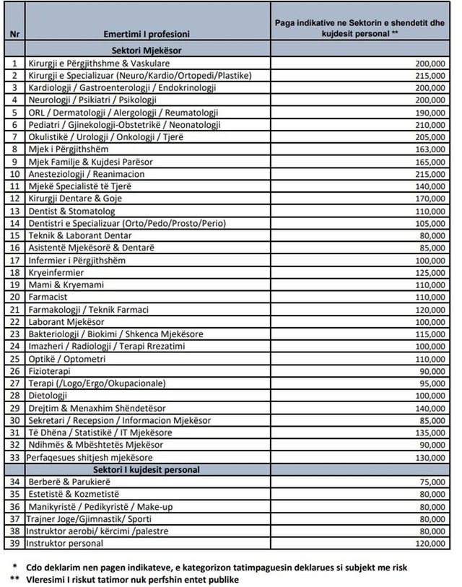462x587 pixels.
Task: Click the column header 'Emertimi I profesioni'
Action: (x=147, y=34)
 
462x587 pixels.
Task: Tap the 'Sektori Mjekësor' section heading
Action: (x=147, y=51)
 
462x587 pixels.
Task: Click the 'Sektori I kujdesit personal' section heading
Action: (x=147, y=469)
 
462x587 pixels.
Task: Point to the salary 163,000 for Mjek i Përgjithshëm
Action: (x=430, y=149)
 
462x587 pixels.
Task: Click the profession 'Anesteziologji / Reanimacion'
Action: (x=87, y=174)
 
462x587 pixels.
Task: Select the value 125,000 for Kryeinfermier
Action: (x=430, y=272)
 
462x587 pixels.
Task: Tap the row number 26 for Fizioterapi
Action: (x=14, y=370)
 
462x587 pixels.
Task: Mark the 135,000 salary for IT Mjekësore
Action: (x=430, y=432)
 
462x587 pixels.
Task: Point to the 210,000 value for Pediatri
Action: (x=430, y=124)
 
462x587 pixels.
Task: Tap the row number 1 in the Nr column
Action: (x=14, y=64)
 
